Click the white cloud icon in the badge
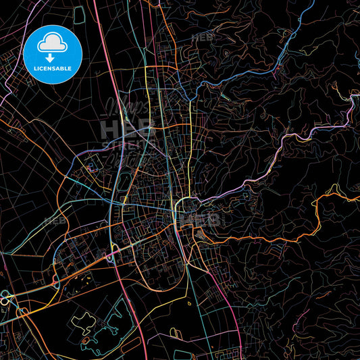coord(53,44)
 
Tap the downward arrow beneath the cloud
coord(53,56)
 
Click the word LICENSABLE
coord(53,69)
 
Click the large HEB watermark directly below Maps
coord(127,128)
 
